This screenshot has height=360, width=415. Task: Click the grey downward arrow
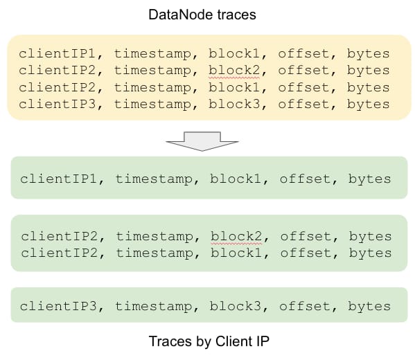pos(202,141)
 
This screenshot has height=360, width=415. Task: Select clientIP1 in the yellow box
pos(58,53)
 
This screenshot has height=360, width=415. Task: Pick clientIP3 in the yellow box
pos(58,104)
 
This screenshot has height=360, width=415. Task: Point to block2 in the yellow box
pos(234,71)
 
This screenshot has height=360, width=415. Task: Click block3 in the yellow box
pos(234,104)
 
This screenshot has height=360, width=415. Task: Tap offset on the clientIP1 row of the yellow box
pos(303,53)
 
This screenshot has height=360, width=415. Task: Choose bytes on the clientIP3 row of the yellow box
pos(368,105)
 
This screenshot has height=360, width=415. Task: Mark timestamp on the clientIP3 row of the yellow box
pos(152,105)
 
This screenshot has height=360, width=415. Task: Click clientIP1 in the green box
pos(58,179)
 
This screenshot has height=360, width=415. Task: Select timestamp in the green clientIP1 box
pos(154,179)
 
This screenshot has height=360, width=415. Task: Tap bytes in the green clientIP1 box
pos(369,179)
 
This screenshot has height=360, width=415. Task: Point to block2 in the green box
pos(236,236)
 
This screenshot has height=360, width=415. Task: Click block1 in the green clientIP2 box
pos(236,253)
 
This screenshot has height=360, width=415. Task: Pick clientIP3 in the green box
pos(58,306)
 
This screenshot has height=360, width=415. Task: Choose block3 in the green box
pos(236,306)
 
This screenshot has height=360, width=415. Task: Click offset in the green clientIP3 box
pos(305,306)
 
